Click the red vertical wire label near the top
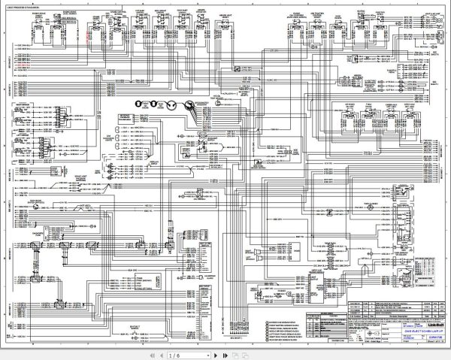89,32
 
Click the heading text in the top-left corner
25,8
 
